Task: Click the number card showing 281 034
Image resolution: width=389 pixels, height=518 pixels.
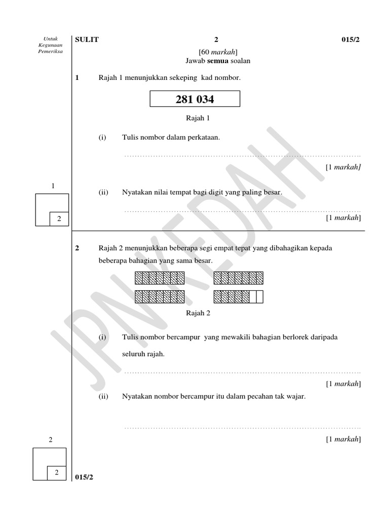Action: [194, 100]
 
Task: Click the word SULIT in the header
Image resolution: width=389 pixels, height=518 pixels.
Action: [87, 40]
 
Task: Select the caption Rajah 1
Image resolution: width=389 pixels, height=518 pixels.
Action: [198, 118]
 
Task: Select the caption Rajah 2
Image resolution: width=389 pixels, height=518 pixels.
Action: [198, 313]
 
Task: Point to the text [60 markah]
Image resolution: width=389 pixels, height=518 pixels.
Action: [218, 52]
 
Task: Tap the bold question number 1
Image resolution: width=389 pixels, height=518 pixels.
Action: [77, 78]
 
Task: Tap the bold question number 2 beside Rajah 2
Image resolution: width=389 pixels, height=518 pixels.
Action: [77, 248]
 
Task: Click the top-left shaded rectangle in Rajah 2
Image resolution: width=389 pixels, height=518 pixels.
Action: [160, 278]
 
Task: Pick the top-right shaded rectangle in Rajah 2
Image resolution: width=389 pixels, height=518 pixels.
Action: [239, 278]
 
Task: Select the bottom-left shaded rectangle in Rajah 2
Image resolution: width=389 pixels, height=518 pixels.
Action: [160, 297]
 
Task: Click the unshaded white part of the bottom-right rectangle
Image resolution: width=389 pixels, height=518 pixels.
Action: [256, 297]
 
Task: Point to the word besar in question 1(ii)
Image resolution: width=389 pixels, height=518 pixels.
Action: [271, 193]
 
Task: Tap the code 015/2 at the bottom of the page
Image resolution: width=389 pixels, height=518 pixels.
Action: [84, 477]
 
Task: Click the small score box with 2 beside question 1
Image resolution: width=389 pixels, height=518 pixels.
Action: [59, 219]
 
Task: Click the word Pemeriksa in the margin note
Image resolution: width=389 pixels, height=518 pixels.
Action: [51, 51]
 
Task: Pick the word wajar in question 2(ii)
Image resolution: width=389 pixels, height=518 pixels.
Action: [296, 396]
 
